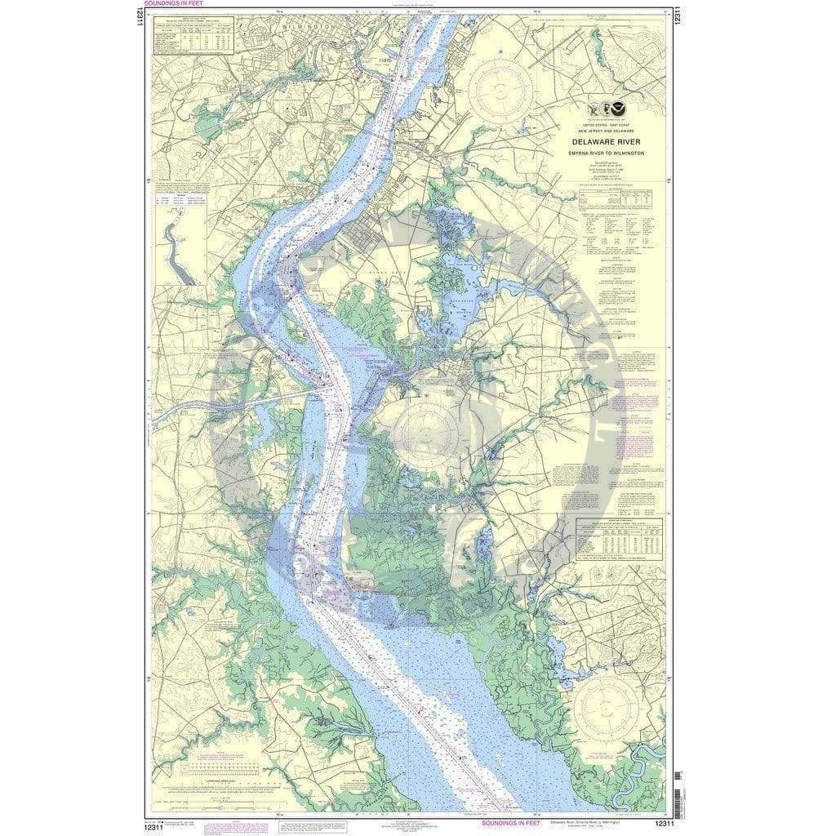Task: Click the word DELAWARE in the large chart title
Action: (x=594, y=140)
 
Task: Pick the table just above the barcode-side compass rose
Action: (x=618, y=539)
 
